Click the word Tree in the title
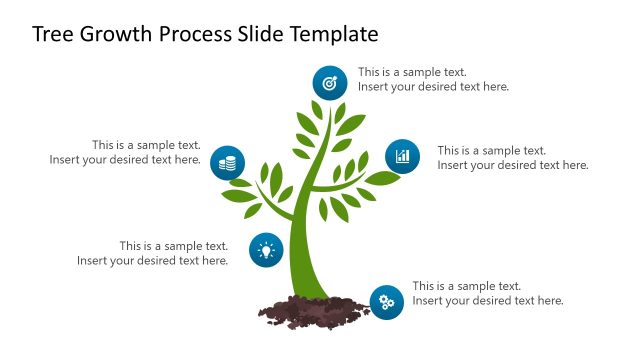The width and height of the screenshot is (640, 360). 52,34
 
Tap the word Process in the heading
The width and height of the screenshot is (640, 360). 201,34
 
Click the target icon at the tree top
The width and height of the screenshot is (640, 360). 330,82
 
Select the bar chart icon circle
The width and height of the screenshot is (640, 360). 402,156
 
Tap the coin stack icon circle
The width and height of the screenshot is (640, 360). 228,163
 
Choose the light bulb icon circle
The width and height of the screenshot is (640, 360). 265,249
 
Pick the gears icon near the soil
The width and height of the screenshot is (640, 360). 386,301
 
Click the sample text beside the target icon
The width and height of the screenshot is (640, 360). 433,79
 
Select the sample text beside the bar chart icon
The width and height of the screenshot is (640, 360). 512,158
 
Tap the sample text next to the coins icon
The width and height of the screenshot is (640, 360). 126,152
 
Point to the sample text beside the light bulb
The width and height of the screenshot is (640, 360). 153,253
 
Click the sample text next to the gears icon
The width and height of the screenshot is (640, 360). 487,293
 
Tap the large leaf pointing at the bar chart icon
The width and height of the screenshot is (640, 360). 381,179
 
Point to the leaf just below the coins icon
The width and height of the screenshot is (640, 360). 240,183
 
